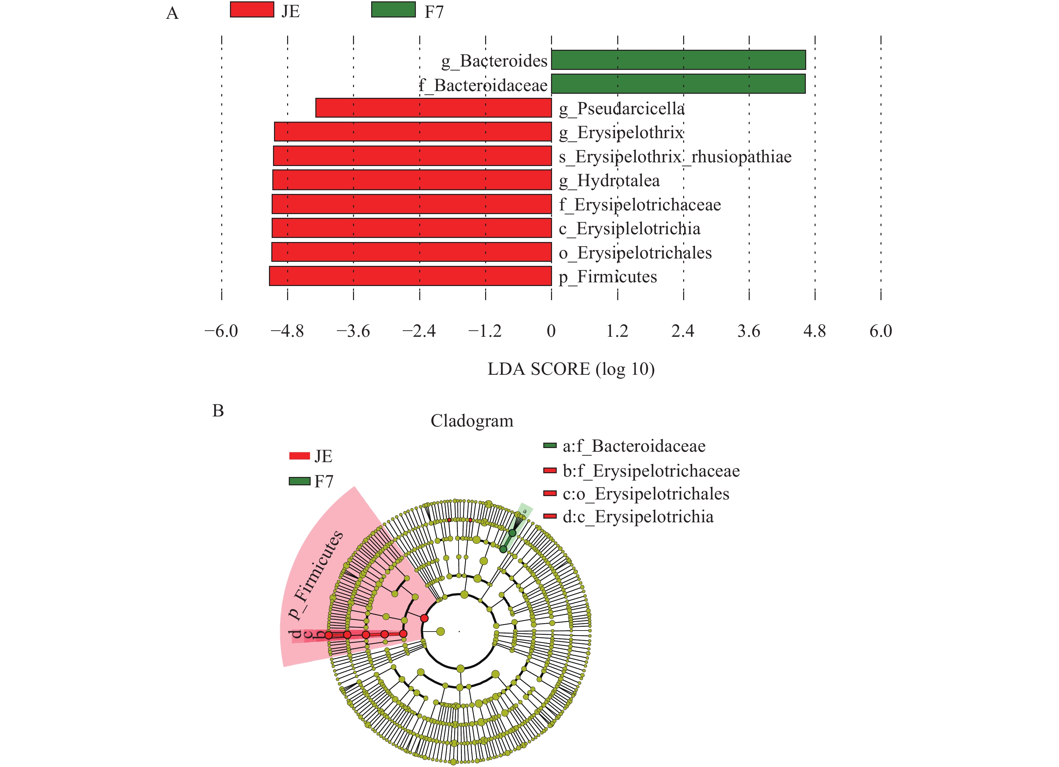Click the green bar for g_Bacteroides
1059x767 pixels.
(678, 60)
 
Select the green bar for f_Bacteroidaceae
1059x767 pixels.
(678, 84)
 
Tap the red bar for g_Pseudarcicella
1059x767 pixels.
(433, 108)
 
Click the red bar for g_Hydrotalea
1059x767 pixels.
(412, 180)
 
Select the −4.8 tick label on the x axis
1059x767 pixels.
(287, 331)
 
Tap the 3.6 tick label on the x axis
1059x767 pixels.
(748, 331)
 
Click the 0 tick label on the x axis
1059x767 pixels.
(551, 331)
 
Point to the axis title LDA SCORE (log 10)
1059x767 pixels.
(571, 369)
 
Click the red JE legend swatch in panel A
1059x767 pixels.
(252, 10)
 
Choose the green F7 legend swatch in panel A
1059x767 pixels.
(393, 10)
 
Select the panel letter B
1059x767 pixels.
(218, 411)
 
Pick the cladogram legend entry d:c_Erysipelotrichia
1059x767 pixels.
(638, 517)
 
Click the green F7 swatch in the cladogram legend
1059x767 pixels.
(299, 481)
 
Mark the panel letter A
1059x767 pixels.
(172, 13)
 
